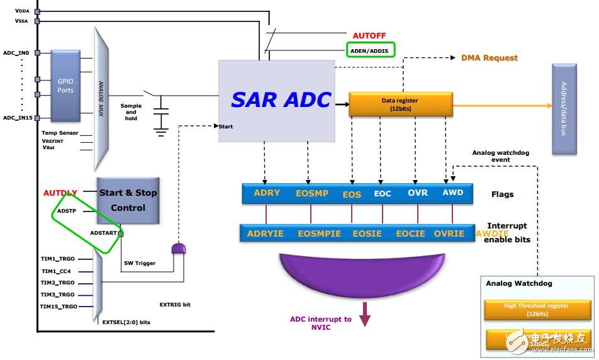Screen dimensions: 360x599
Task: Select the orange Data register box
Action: point(400,103)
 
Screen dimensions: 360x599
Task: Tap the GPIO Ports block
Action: point(65,86)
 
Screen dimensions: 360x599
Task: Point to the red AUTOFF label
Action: point(369,36)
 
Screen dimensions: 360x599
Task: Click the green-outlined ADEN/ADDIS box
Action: point(370,50)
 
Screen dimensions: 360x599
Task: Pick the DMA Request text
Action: point(489,58)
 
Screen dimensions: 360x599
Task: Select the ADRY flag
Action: point(267,193)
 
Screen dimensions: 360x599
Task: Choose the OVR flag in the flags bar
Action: point(418,193)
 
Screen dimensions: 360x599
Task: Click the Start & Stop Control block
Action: point(128,200)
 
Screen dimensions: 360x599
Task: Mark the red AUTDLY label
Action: point(60,193)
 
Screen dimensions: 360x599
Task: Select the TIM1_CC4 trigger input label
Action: point(57,271)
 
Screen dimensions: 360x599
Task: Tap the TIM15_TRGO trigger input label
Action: point(59,307)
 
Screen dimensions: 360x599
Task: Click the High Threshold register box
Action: point(536,309)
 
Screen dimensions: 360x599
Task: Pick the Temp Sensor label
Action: point(60,133)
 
